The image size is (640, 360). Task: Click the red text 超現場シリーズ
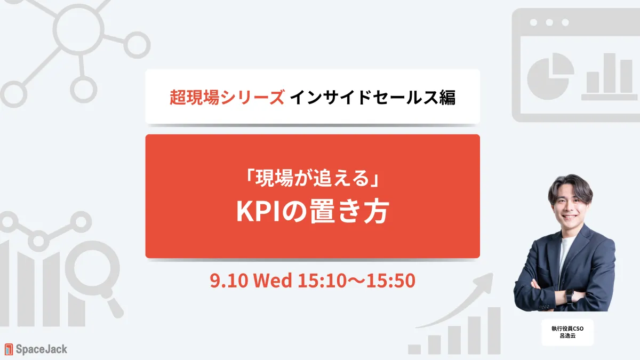(227, 98)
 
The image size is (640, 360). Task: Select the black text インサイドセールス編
(373, 98)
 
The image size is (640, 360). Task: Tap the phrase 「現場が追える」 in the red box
(313, 178)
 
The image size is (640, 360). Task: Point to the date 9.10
(229, 281)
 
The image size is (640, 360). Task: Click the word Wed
(273, 281)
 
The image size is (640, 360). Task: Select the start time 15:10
(322, 281)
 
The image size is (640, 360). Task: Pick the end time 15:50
(391, 281)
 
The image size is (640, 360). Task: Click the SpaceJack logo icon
(9, 349)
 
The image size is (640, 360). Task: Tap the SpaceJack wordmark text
(42, 349)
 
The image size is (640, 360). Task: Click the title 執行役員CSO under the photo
(567, 329)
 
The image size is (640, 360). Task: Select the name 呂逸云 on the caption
(567, 335)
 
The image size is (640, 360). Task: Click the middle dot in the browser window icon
(549, 22)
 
